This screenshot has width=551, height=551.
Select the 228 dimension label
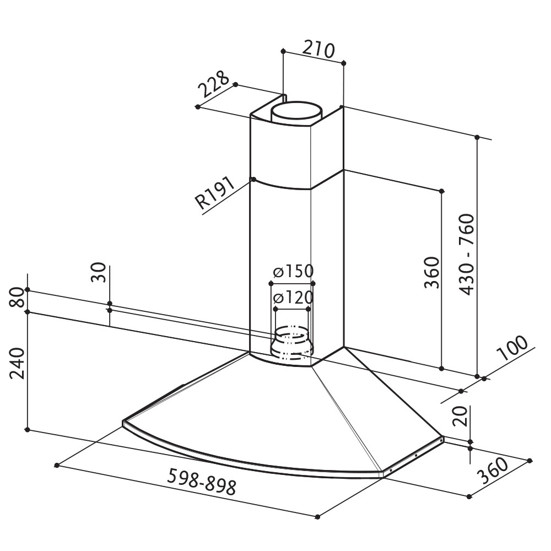pos(214,84)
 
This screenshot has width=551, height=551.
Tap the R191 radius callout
pos(215,193)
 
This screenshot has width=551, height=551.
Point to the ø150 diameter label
pos(293,271)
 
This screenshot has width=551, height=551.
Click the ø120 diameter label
pos(293,298)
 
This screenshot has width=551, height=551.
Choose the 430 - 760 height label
pos(467,255)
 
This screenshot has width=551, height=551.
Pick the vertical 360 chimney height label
pos(432,273)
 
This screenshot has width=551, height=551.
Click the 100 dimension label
pos(513,348)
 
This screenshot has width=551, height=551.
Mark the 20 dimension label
pos(460,416)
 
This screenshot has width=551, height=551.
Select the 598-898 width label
pos(202,482)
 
